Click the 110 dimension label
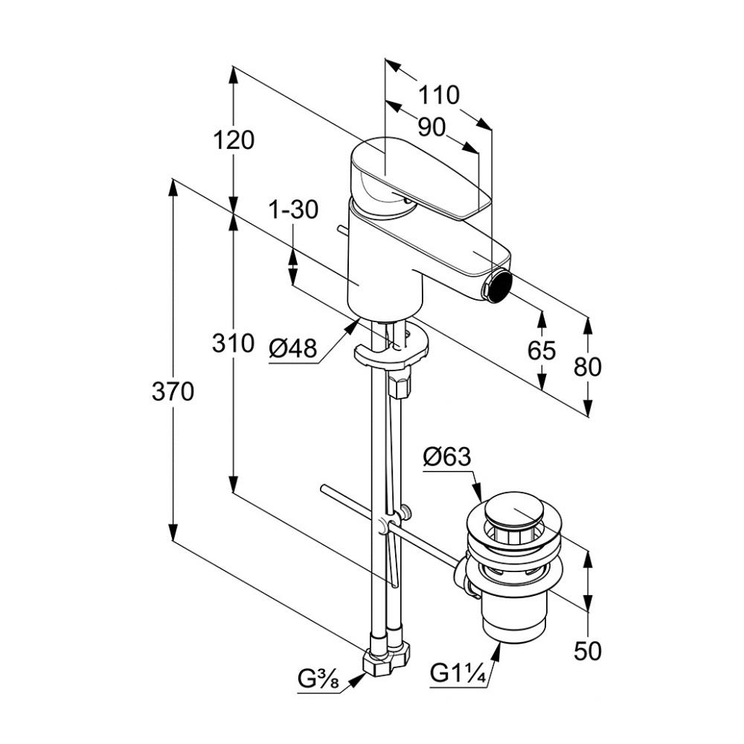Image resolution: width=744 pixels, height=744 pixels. [x=438, y=95]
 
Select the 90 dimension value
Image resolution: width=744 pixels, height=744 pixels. [x=431, y=128]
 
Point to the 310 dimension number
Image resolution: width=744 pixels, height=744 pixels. [x=233, y=344]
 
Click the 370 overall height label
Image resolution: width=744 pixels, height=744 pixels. [x=173, y=391]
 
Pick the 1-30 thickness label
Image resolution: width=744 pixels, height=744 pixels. [x=293, y=211]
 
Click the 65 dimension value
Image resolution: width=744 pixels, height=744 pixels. [x=541, y=350]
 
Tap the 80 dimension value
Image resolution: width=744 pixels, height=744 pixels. [x=587, y=366]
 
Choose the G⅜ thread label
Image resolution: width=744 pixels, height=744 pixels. [x=319, y=679]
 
